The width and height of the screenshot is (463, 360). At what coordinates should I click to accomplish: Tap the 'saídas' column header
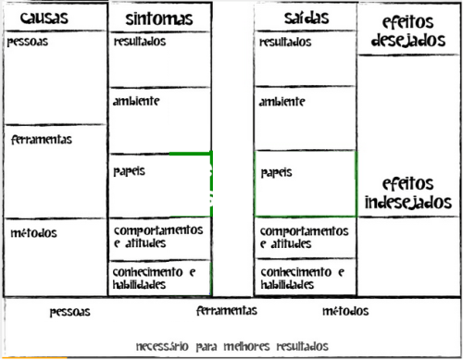(x=305, y=18)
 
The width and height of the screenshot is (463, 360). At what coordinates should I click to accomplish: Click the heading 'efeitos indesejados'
(x=408, y=192)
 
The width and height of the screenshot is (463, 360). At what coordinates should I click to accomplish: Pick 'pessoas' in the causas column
(x=27, y=43)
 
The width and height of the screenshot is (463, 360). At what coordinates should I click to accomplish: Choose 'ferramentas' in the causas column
(x=42, y=140)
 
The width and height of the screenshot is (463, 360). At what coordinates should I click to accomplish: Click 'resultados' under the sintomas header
(x=140, y=43)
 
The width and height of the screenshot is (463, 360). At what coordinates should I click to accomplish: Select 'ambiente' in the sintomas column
(x=136, y=101)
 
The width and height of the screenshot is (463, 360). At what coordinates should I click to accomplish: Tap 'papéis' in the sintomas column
(x=130, y=172)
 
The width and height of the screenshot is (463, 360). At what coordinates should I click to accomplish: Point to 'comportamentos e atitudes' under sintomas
(x=156, y=236)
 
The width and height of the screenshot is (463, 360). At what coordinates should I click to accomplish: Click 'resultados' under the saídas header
(x=286, y=43)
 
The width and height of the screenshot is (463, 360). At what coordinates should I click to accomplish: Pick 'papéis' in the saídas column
(x=277, y=172)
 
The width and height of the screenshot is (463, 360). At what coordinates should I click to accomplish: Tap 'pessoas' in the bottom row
(x=70, y=313)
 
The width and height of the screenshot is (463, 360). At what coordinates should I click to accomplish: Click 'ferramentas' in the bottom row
(x=227, y=312)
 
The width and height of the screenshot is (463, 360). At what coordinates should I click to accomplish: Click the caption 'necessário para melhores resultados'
(x=231, y=346)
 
